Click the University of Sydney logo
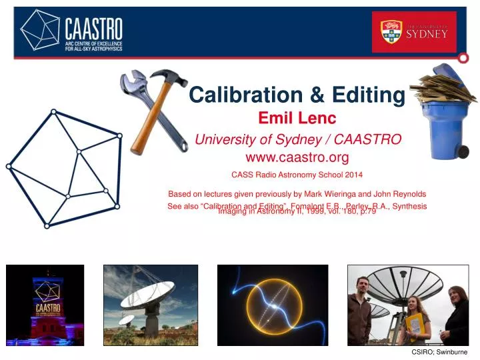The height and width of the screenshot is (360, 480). click(414, 31)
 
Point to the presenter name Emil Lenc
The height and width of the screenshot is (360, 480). click(297, 119)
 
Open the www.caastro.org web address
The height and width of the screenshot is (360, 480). click(297, 157)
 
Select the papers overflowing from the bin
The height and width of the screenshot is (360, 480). click(441, 87)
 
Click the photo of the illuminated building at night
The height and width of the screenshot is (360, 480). click(45, 305)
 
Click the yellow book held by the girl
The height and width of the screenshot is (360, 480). click(415, 325)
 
